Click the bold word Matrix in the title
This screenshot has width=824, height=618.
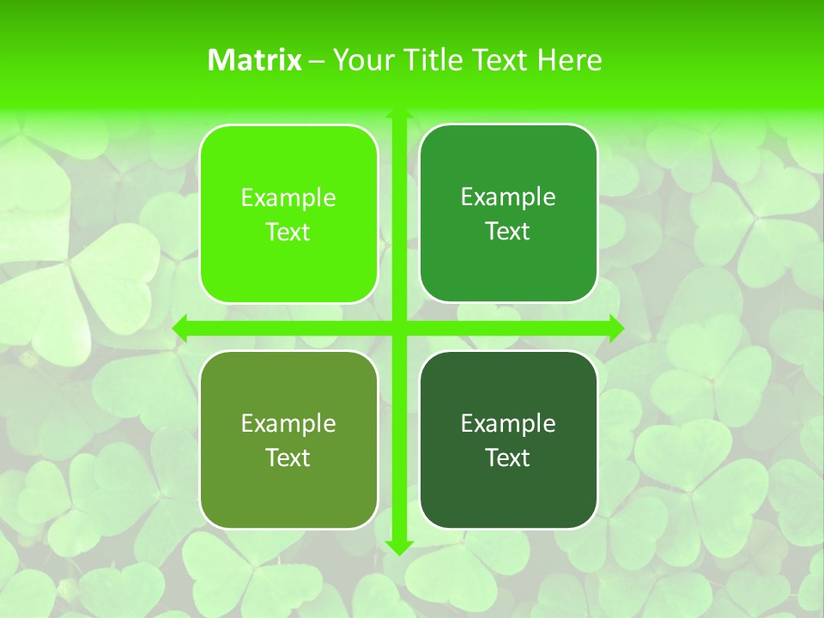pos(255,60)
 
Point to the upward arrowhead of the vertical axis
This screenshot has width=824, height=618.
pos(398,115)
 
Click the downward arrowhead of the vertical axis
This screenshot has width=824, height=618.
pos(398,546)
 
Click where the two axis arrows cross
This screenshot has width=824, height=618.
pos(398,328)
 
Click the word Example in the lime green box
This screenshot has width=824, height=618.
pos(288,198)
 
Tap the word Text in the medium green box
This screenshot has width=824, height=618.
pos(508,232)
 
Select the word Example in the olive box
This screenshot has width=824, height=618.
pos(288,424)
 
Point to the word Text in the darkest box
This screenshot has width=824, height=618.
pos(508,458)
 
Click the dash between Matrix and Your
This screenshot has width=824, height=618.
pos(317,61)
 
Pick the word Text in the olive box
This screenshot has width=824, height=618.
pos(288,458)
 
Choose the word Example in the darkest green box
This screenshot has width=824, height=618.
pos(508,424)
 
